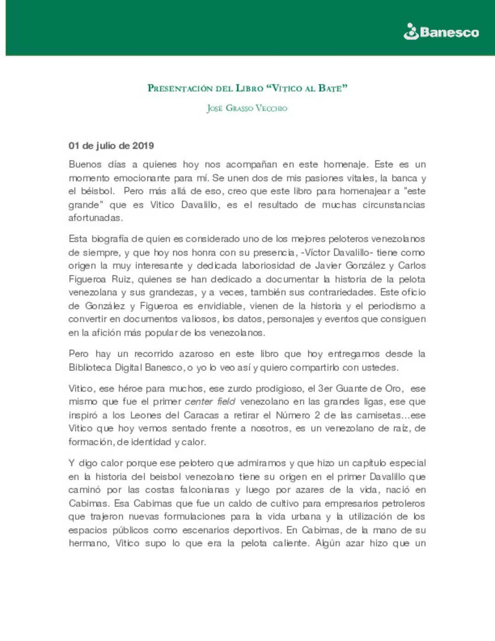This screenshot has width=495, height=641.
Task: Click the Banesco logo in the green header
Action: point(441,32)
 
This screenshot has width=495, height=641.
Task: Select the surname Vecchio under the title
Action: point(271,108)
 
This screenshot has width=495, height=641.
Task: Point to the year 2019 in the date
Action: point(143,146)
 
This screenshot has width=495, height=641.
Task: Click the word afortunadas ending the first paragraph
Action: point(95,218)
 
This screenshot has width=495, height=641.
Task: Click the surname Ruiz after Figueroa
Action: point(121,279)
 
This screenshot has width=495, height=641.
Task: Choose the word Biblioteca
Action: point(90,367)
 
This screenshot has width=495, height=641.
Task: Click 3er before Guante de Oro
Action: point(325,388)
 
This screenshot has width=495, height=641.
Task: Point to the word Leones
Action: point(145,415)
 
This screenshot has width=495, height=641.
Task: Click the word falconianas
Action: point(204,490)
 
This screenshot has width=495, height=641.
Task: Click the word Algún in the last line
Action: point(328,543)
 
